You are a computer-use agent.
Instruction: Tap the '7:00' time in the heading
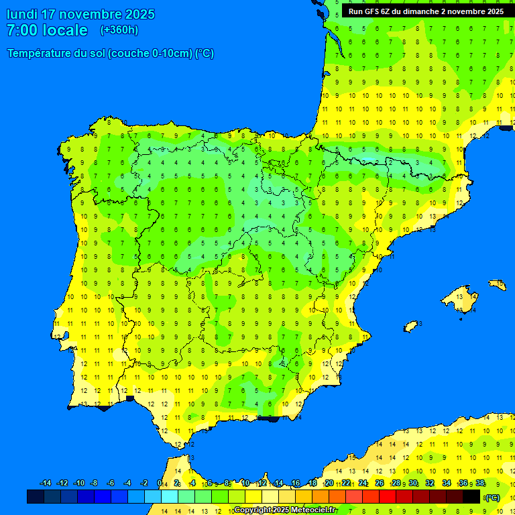[21, 30]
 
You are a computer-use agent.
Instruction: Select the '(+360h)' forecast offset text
[119, 30]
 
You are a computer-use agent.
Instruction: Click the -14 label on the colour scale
[46, 483]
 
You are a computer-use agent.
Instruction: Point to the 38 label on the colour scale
[480, 483]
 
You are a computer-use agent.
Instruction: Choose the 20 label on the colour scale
[329, 483]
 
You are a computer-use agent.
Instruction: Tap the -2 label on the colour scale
[144, 483]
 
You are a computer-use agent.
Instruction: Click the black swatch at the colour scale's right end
[471, 496]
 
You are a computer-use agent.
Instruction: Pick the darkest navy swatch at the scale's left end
[36, 496]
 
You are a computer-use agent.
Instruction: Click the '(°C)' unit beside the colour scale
[492, 498]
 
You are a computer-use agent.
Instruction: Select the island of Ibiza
[412, 326]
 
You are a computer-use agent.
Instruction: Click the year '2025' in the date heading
[140, 14]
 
